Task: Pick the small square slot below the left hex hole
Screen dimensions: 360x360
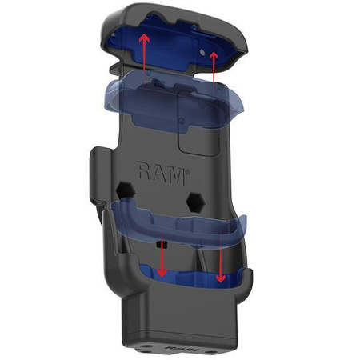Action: [162, 241]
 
